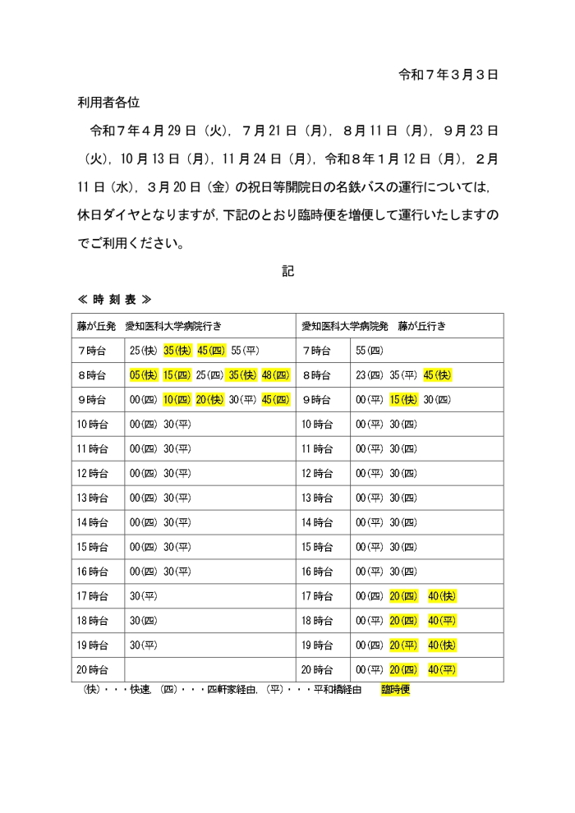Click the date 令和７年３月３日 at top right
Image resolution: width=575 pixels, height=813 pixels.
(448, 75)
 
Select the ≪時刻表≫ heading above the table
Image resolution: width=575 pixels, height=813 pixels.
(115, 299)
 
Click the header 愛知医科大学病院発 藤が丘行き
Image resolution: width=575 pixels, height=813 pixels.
(375, 326)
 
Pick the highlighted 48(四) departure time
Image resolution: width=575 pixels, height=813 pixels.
(276, 375)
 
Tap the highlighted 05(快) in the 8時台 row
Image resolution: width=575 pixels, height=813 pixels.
(143, 375)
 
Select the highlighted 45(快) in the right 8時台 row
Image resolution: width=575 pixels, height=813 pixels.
(437, 375)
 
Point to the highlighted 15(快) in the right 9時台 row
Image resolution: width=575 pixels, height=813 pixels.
(403, 400)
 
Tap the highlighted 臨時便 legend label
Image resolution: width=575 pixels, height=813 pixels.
(395, 690)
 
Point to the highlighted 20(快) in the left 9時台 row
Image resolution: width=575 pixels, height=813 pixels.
(210, 400)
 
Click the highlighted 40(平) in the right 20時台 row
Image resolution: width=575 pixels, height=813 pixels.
(442, 670)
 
